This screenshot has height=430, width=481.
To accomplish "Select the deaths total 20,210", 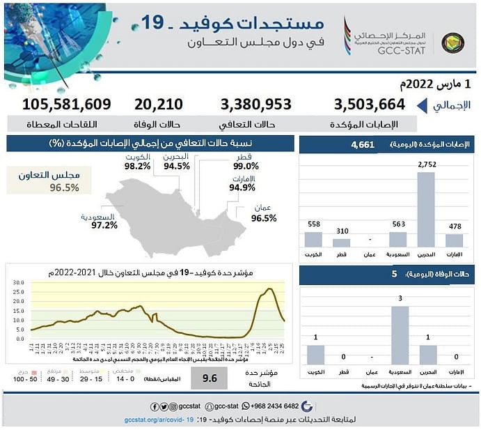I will (x=159, y=105).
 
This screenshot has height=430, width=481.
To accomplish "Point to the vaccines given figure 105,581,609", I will (x=66, y=105).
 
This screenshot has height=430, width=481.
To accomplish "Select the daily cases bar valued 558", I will (x=313, y=239).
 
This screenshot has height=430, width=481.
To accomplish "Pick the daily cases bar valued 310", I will (x=341, y=243).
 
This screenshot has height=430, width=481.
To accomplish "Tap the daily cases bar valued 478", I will (x=454, y=240).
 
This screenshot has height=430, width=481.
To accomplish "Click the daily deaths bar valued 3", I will (x=400, y=335).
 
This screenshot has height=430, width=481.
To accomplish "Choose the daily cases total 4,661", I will (x=363, y=145).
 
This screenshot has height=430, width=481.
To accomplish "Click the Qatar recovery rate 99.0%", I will (x=246, y=167).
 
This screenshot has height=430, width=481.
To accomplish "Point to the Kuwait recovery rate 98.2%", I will (x=138, y=167).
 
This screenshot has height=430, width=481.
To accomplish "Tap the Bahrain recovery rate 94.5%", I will (x=177, y=167).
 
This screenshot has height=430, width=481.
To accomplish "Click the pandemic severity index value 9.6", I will (x=209, y=379).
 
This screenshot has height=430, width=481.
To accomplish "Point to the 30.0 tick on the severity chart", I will (x=19, y=283).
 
